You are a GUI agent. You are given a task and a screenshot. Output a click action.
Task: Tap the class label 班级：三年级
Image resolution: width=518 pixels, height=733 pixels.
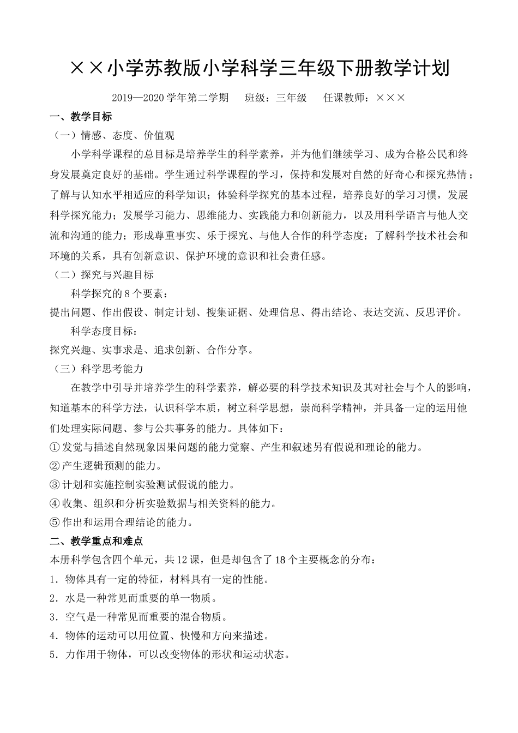click(276, 98)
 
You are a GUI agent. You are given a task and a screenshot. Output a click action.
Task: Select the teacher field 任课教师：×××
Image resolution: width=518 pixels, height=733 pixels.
click(364, 98)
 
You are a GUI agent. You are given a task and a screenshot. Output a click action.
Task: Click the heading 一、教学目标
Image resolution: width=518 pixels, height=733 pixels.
click(81, 116)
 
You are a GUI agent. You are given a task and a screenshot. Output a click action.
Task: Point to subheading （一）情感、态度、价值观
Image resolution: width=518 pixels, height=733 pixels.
click(112, 135)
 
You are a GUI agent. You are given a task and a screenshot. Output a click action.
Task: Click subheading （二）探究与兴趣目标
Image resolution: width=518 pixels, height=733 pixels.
click(102, 274)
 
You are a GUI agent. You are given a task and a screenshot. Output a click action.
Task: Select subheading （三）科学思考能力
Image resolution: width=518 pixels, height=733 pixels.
click(97, 369)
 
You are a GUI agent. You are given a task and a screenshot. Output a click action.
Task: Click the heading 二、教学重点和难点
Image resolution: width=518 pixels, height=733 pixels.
click(96, 541)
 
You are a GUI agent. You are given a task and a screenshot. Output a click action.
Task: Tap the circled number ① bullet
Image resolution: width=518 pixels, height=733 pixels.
click(55, 447)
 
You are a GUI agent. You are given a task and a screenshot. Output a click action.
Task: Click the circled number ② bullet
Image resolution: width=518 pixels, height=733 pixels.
click(55, 466)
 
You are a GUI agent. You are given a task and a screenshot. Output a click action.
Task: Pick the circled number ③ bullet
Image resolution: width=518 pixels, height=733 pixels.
click(55, 485)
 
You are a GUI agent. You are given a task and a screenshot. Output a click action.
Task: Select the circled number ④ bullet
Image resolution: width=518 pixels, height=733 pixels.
click(55, 503)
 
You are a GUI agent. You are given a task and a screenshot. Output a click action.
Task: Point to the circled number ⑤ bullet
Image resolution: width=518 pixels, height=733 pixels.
click(55, 522)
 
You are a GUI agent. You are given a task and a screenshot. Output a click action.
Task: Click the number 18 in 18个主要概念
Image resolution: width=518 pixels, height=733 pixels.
click(282, 560)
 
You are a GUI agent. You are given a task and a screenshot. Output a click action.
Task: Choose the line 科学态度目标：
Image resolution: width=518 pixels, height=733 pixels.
click(102, 331)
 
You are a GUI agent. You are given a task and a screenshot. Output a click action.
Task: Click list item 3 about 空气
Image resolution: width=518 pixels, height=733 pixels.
click(138, 617)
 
